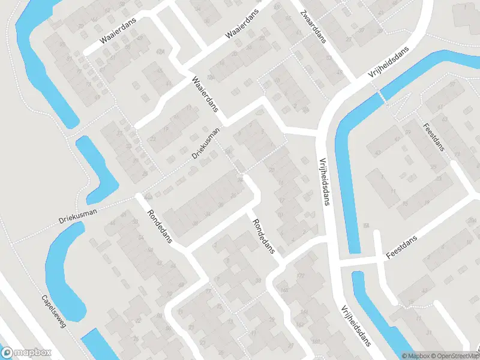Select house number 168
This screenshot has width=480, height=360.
pos(284,290)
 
